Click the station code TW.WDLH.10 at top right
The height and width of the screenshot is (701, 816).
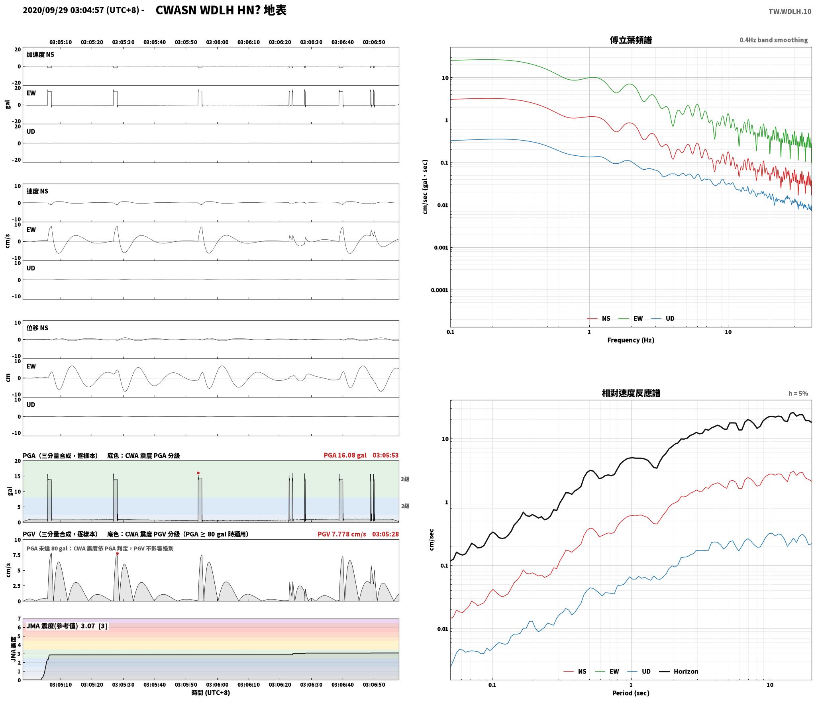point(790,12)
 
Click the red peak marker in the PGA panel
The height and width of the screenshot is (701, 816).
point(198,473)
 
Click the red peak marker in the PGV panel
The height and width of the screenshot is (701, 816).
point(117,554)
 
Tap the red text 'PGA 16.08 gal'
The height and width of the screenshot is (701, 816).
point(345,455)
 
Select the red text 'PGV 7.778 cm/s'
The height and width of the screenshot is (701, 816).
point(341,534)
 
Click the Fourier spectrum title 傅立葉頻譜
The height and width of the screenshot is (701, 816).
point(631,40)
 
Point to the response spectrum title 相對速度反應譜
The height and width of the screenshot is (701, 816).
point(631,393)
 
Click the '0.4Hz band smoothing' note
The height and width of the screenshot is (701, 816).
point(773,40)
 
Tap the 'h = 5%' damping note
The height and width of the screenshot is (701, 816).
point(798,394)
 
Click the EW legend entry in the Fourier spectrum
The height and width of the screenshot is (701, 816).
point(630,319)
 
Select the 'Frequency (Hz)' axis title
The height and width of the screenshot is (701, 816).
point(631,340)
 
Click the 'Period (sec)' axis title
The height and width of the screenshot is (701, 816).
point(631,693)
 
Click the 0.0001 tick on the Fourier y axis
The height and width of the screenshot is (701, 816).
point(439,290)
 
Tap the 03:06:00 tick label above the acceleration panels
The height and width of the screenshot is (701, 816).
point(217,42)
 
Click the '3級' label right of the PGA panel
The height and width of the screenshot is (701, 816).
point(405,479)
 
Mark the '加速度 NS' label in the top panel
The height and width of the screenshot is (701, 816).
point(40,55)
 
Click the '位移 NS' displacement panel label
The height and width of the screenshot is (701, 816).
point(37,328)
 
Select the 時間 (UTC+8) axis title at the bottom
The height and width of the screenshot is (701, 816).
point(211,693)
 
